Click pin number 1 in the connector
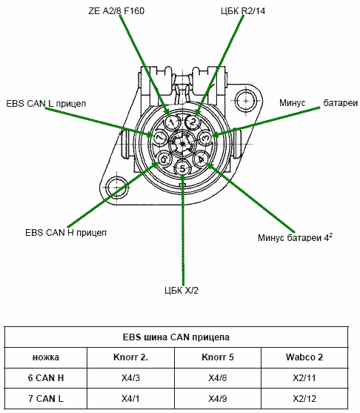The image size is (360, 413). click(172, 122)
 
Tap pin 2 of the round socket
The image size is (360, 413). click(193, 122)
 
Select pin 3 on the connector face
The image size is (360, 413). click(205, 137)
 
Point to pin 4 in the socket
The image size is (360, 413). click(201, 159)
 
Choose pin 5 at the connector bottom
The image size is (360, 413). click(183, 168)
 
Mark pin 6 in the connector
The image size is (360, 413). click(164, 159)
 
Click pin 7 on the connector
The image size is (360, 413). click(159, 138)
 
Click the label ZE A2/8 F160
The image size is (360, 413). click(116, 11)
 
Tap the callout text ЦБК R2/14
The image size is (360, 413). click(243, 11)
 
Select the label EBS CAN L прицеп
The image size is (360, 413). click(46, 104)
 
